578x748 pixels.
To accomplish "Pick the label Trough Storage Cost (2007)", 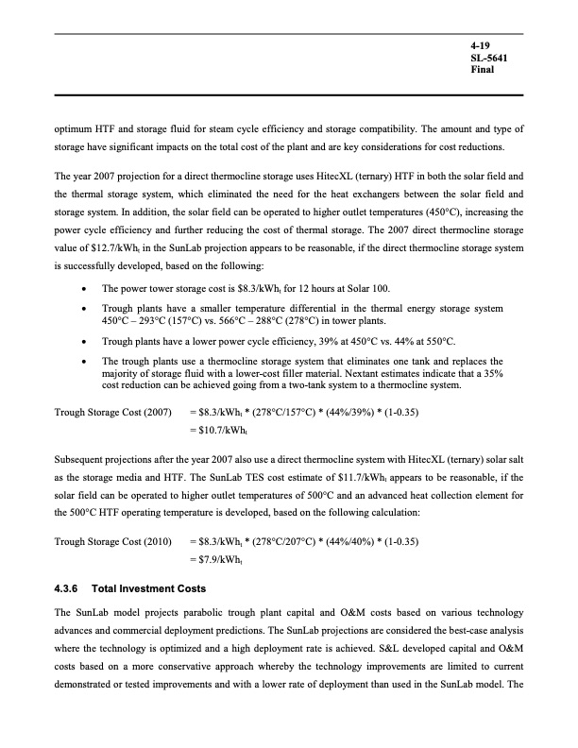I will pos(112,413).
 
